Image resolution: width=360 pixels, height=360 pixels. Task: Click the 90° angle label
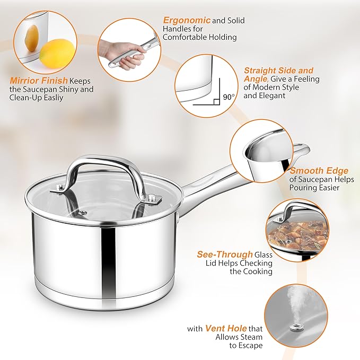229,97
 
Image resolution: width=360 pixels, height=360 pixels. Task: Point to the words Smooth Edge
319,171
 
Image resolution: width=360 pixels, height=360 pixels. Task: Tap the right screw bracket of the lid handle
154,199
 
